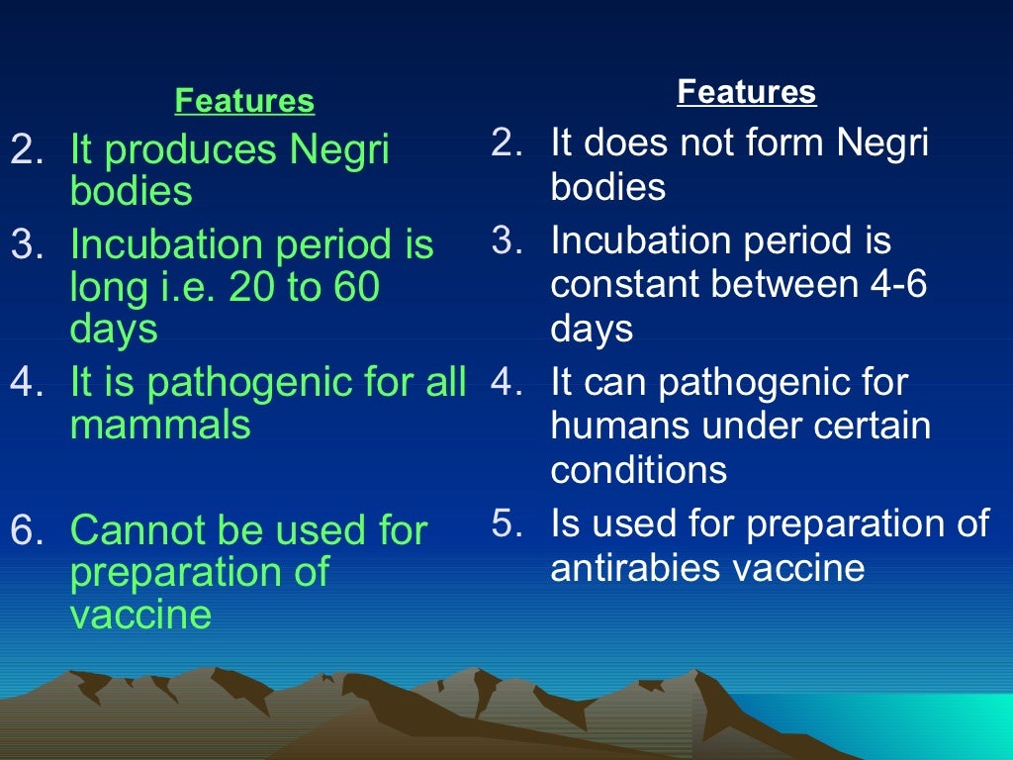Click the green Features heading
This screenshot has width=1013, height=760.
[244, 101]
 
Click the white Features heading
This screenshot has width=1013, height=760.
[747, 92]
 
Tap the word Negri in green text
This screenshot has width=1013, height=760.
[339, 150]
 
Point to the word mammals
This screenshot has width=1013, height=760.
[160, 425]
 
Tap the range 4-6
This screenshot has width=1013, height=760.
[897, 285]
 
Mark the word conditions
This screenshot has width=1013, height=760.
[638, 469]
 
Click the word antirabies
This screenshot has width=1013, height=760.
[631, 568]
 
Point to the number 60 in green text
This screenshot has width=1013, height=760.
[357, 288]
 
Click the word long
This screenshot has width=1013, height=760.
[105, 289]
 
